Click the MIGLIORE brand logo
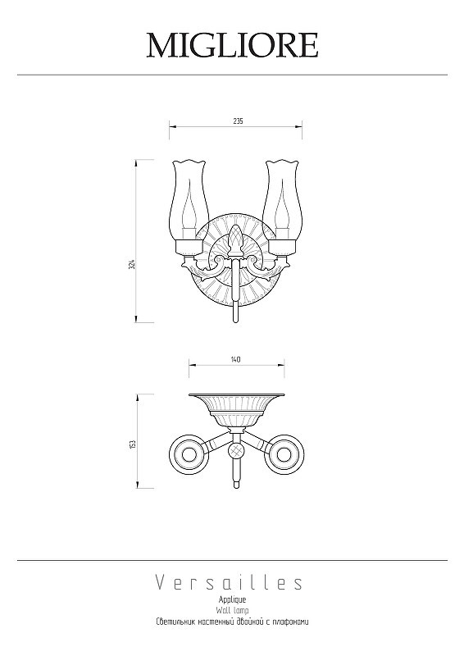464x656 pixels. pyautogui.click(x=232, y=45)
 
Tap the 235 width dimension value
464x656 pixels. pyautogui.click(x=238, y=121)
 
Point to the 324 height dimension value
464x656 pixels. pyautogui.click(x=131, y=264)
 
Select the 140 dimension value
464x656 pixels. pyautogui.click(x=236, y=359)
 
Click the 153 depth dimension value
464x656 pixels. pyautogui.click(x=133, y=444)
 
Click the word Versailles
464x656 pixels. pyautogui.click(x=230, y=583)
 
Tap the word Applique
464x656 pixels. pyautogui.click(x=232, y=600)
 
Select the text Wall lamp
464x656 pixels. pyautogui.click(x=232, y=611)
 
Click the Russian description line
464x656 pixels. pyautogui.click(x=232, y=622)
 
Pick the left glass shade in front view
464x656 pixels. pyautogui.click(x=189, y=200)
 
